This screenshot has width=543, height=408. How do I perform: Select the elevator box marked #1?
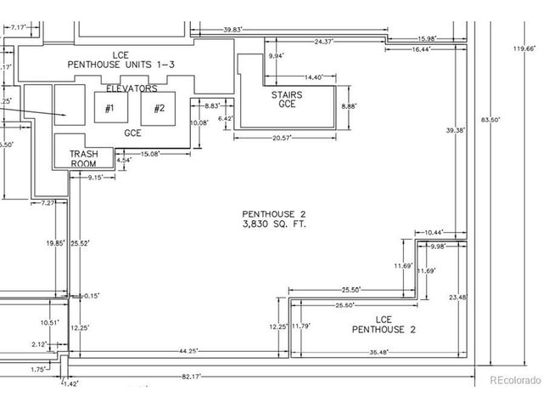tap(109, 108)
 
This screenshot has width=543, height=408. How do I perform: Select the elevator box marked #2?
tap(158, 108)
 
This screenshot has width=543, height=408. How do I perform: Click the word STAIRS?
tap(286, 95)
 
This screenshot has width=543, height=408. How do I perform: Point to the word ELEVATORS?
tap(132, 88)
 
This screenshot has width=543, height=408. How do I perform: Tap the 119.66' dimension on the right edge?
tap(523, 49)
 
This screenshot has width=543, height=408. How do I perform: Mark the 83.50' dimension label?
tap(490, 121)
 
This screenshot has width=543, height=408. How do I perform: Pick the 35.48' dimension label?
tap(378, 351)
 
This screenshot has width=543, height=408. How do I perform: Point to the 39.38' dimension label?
tap(456, 130)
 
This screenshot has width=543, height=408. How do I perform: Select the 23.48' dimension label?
tap(457, 297)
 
